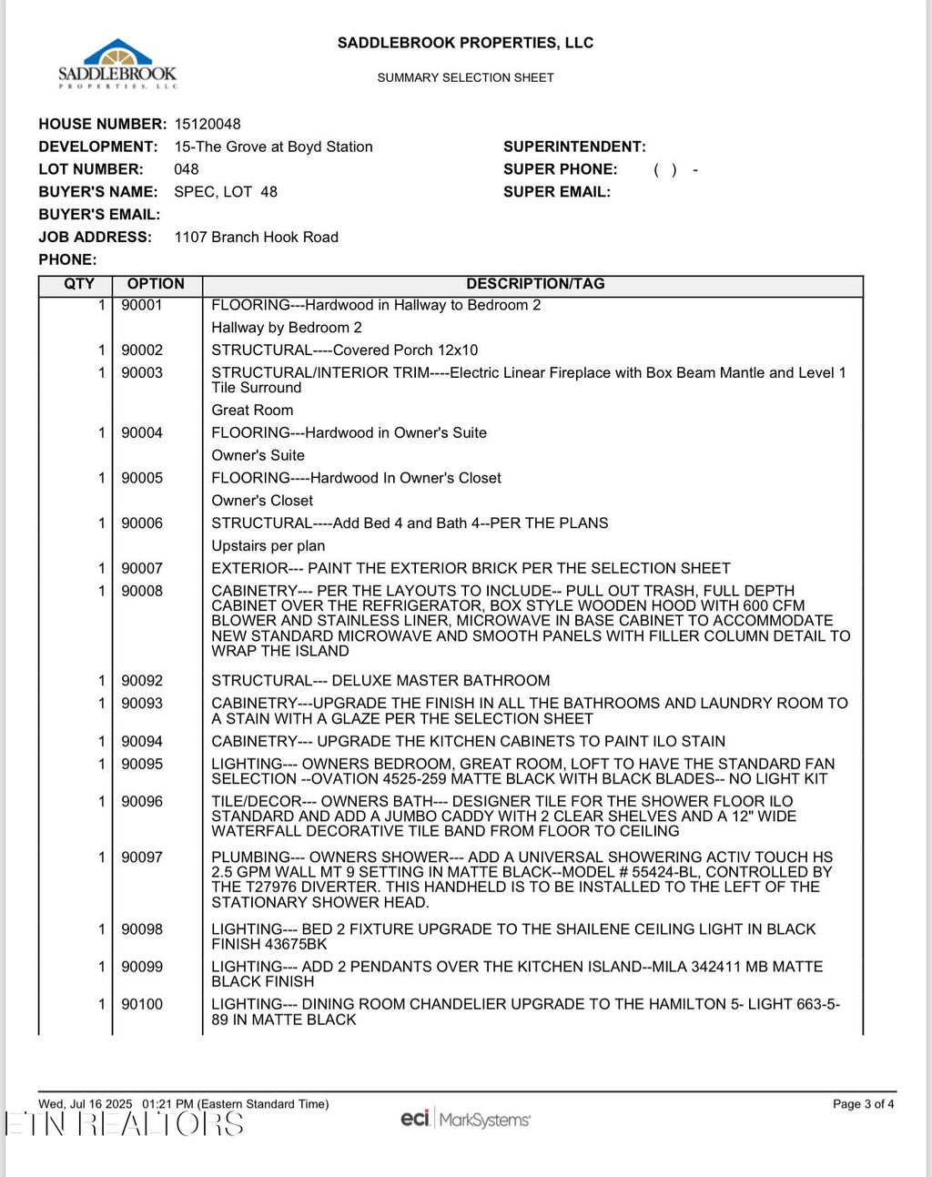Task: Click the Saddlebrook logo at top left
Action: point(117,64)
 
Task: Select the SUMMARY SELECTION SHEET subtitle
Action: point(465,78)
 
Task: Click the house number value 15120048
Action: point(208,124)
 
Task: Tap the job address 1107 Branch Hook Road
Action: point(256,237)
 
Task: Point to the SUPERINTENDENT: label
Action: point(574,147)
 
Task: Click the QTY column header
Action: point(79,284)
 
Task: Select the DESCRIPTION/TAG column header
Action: point(535,284)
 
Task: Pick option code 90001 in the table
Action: point(142,305)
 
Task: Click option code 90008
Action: point(142,591)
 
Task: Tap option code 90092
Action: point(142,681)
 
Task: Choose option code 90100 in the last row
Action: point(142,1004)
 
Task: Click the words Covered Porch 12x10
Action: point(405,350)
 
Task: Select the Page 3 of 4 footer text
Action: point(863,1104)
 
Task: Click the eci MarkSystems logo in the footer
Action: point(465,1119)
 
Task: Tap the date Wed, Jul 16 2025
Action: point(86,1104)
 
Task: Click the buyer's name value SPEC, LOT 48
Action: point(226,192)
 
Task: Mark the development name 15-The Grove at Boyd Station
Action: point(273,147)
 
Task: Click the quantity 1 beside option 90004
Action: point(102,433)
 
